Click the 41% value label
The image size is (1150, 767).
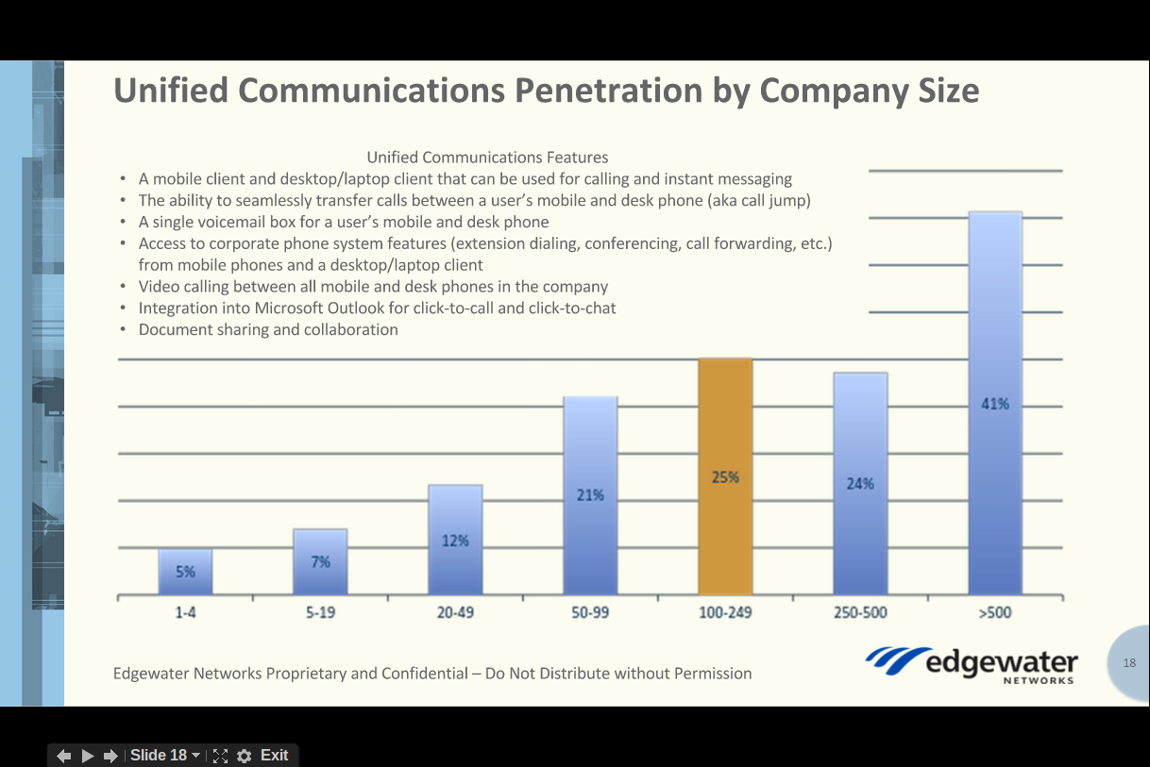995,404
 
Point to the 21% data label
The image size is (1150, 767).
590,494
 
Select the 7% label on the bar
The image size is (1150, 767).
321,561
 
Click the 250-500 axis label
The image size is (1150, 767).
859,612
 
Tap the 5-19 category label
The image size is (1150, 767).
319,612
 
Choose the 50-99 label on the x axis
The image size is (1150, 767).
590,612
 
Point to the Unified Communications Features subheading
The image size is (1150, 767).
487,158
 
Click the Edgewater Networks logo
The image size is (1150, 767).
972,663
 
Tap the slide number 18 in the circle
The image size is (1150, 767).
1130,663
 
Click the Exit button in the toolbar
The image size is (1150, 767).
274,755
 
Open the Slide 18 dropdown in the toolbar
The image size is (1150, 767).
165,755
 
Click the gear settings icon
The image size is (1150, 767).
245,756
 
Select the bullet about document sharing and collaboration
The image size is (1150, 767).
268,329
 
